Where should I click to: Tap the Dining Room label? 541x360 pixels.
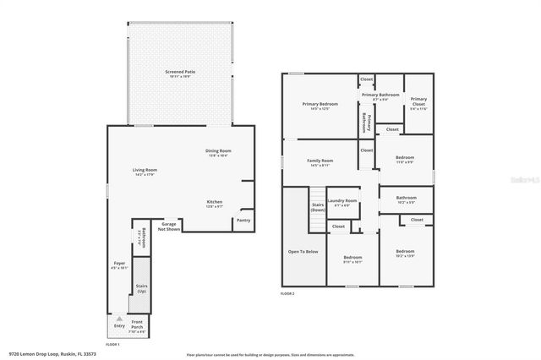pos(217,151)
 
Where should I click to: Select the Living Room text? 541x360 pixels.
pos(145,170)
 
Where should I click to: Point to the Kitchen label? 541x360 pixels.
pos(215,201)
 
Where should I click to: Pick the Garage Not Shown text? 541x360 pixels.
pos(171,226)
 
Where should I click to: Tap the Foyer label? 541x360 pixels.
pos(119,264)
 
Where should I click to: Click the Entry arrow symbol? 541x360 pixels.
pos(119,319)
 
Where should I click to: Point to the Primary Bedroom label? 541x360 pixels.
pos(320,105)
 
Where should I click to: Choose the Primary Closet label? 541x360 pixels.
pos(418,105)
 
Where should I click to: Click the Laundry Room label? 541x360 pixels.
pos(342,200)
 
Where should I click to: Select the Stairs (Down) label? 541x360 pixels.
pos(318,207)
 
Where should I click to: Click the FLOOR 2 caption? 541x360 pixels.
pos(288,293)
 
